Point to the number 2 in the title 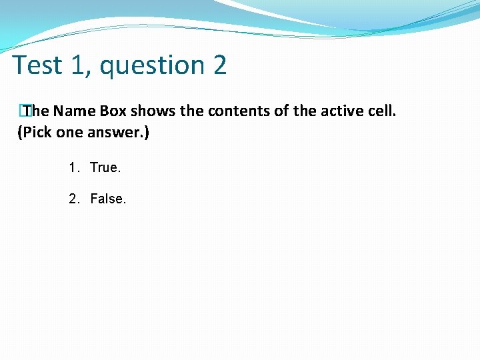point(220,65)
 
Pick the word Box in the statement point(113,111)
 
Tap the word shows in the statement point(153,111)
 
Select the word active point(339,111)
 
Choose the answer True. point(105,167)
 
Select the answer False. point(107,198)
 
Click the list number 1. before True point(74,167)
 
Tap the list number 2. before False point(74,198)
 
